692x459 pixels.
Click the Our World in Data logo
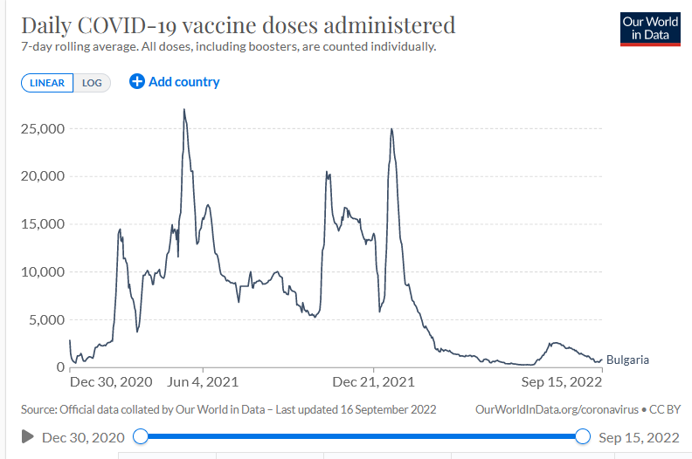point(650,28)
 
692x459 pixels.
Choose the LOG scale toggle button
point(92,83)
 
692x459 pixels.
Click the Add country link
point(175,82)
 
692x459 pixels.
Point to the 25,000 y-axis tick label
point(43,128)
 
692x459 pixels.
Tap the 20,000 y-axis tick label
point(43,176)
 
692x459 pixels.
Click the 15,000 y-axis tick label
point(43,224)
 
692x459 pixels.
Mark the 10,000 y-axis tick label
point(43,271)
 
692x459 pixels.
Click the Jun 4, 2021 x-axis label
point(202,382)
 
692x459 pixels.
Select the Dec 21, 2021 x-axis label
point(374,382)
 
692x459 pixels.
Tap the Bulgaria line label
point(627,360)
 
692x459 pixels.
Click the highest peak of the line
point(184,110)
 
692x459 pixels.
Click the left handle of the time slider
point(141,436)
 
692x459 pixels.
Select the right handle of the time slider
point(584,436)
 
